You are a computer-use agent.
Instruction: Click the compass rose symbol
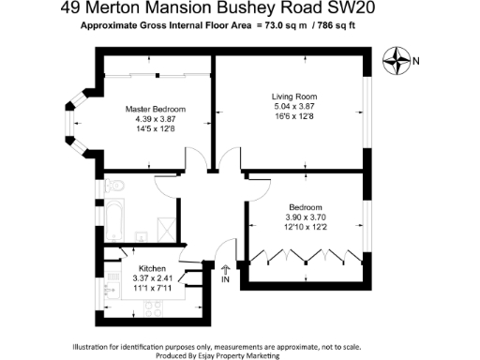[397, 62]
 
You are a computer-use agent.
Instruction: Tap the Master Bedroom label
[152, 109]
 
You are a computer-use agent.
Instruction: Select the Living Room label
[294, 97]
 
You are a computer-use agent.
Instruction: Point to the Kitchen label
[152, 266]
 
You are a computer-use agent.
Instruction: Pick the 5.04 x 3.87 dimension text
[294, 107]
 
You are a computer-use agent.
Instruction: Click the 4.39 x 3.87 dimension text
[152, 119]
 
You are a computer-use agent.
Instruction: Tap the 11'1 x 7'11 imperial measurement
[153, 287]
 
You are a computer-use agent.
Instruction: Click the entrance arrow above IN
[225, 270]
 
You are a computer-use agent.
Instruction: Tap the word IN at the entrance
[225, 279]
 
